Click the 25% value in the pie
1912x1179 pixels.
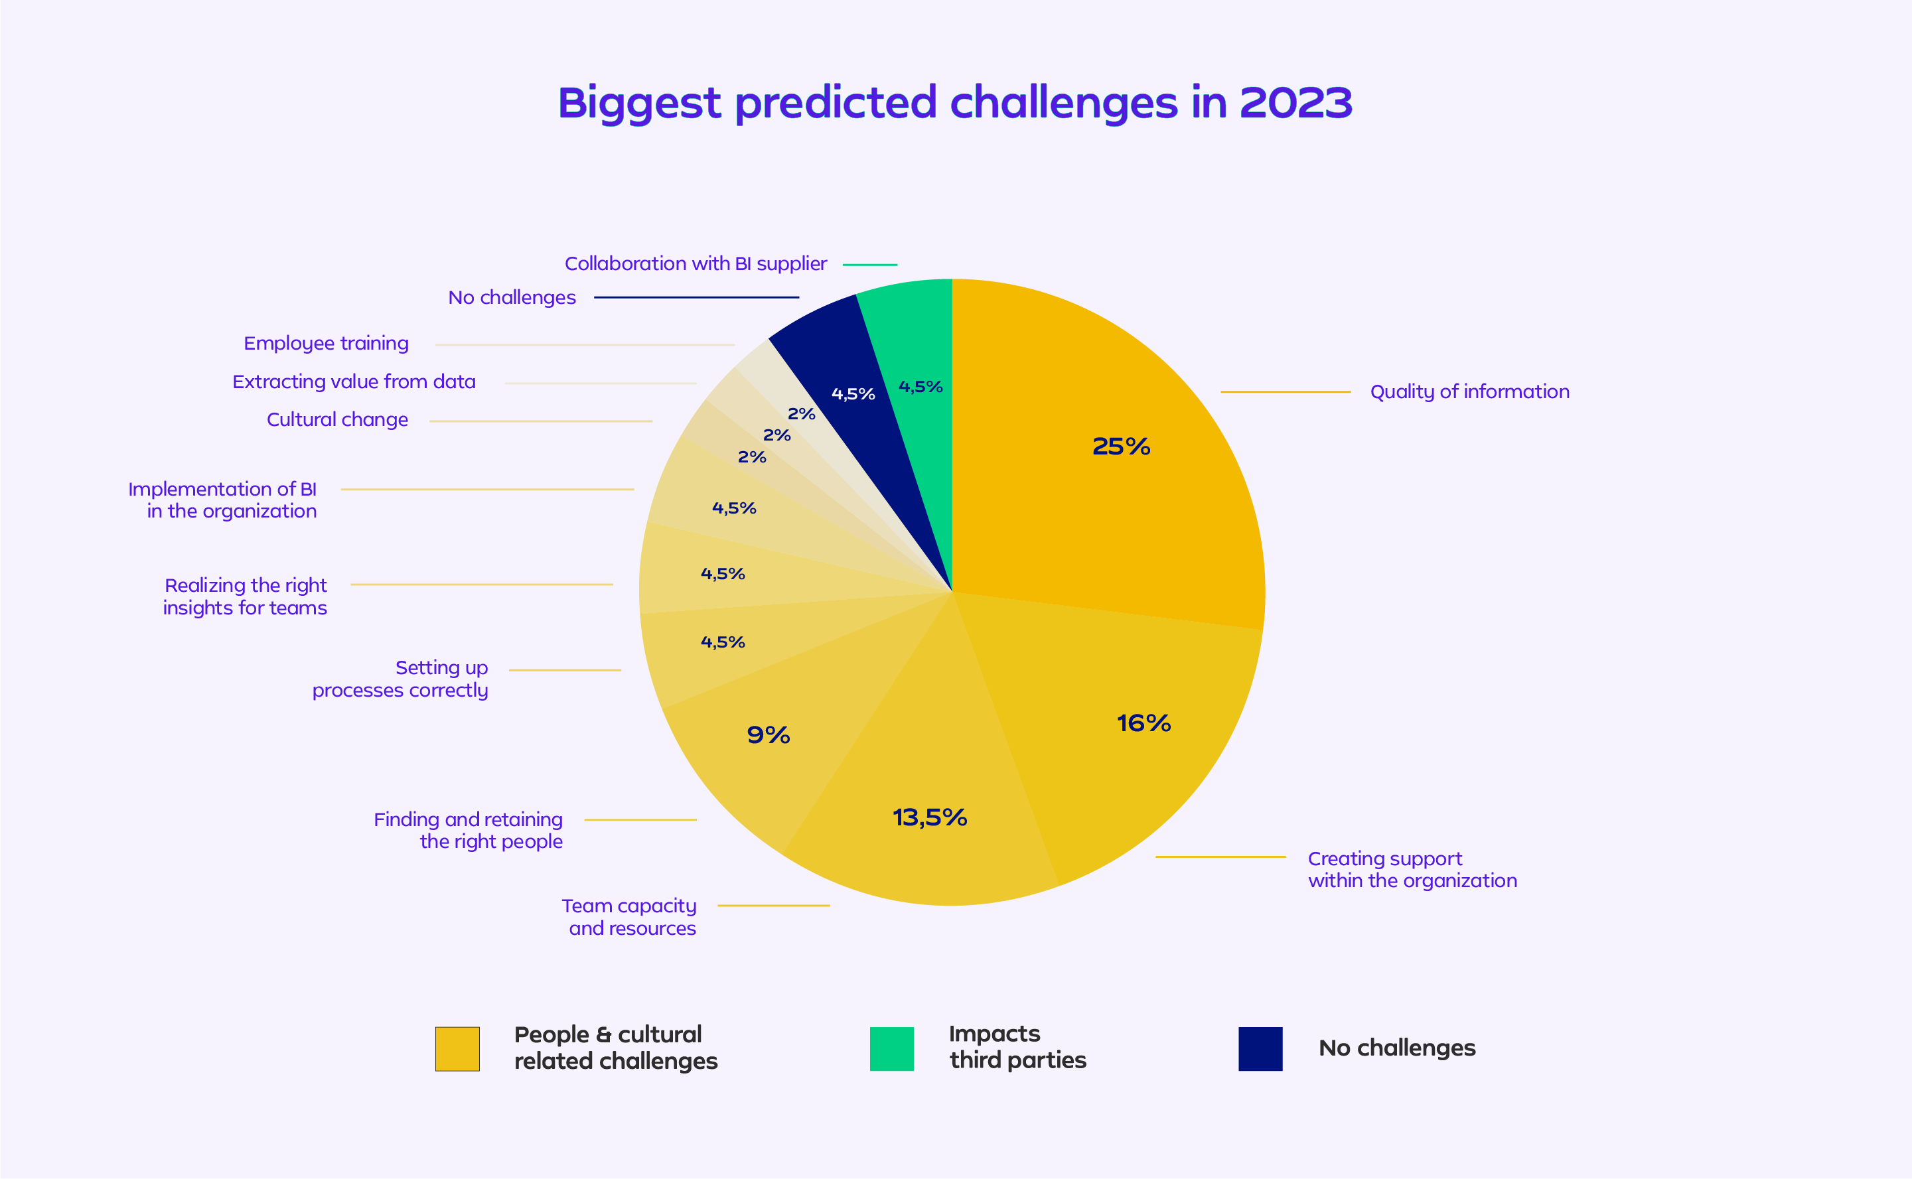click(1120, 447)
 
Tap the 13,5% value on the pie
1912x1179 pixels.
click(930, 817)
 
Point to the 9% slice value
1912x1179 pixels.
click(768, 735)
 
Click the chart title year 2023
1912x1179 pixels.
click(1295, 103)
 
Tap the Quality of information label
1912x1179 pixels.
click(1469, 391)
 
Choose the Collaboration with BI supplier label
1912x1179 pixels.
click(696, 264)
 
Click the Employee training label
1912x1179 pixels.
click(326, 344)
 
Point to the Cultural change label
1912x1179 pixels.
click(337, 419)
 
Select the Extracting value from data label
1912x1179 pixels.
click(354, 382)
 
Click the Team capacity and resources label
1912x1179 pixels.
click(629, 917)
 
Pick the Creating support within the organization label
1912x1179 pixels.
click(1412, 869)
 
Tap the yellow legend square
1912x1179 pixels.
click(457, 1049)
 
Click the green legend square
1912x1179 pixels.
click(891, 1049)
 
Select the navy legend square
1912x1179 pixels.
click(1260, 1049)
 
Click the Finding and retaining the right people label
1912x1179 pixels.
click(469, 831)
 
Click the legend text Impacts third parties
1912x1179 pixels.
click(1017, 1047)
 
